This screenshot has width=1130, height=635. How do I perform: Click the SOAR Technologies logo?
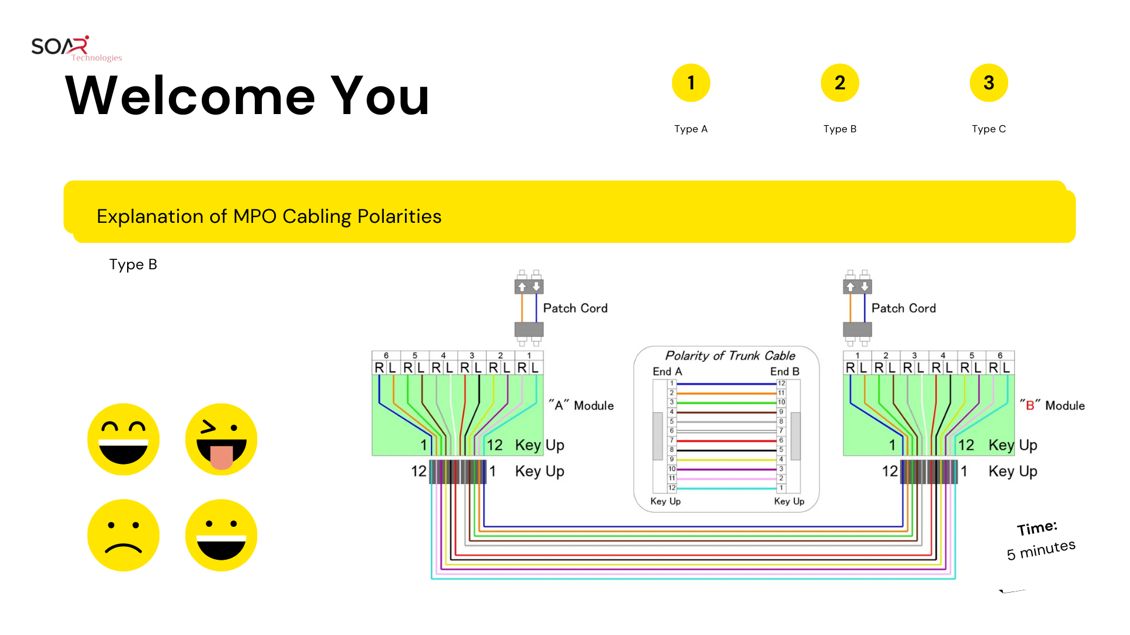(x=75, y=48)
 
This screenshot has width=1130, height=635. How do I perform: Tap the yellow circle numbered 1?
(x=691, y=83)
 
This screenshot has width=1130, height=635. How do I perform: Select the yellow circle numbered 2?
(x=840, y=83)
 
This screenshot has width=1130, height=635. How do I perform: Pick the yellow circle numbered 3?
(x=989, y=83)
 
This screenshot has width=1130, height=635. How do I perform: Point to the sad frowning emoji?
(x=124, y=535)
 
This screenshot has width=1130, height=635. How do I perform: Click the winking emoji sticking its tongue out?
(x=221, y=439)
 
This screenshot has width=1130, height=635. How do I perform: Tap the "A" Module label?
(x=581, y=406)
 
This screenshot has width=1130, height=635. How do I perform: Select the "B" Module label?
(x=1052, y=406)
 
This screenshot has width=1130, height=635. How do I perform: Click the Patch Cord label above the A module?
(x=575, y=308)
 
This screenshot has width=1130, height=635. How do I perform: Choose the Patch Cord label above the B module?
(x=903, y=308)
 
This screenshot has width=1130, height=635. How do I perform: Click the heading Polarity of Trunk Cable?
(x=730, y=356)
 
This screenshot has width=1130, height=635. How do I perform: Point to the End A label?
(x=667, y=372)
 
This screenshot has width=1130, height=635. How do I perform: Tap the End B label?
(x=785, y=372)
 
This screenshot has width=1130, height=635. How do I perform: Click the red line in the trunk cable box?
(x=727, y=440)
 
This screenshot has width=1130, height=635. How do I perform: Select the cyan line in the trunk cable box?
(x=727, y=488)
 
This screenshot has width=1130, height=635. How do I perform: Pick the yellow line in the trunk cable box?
(x=727, y=460)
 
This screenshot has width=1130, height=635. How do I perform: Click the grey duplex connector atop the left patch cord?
(x=529, y=286)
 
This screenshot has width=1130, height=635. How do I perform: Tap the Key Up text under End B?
(x=789, y=502)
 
